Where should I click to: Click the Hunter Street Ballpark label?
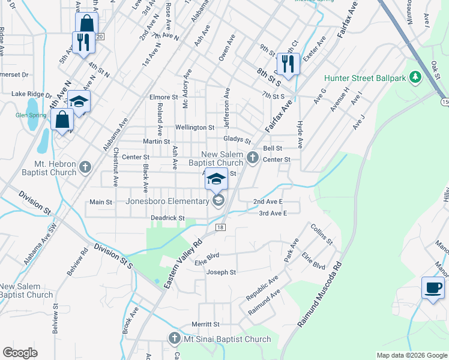[363, 78]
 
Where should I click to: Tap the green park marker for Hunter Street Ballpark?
[414, 77]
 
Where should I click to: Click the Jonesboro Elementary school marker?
[218, 200]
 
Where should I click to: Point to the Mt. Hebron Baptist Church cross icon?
[85, 167]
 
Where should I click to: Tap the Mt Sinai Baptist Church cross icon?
[175, 339]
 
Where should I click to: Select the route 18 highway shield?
[220, 227]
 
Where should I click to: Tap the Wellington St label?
[194, 128]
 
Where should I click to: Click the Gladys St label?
[237, 139]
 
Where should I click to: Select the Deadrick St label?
[167, 218]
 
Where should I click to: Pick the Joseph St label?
[221, 272]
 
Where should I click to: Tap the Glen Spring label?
[30, 115]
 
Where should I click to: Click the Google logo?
[20, 352]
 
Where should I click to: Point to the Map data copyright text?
[411, 355]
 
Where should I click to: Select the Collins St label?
[321, 233]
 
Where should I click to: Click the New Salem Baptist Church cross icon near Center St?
[253, 159]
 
